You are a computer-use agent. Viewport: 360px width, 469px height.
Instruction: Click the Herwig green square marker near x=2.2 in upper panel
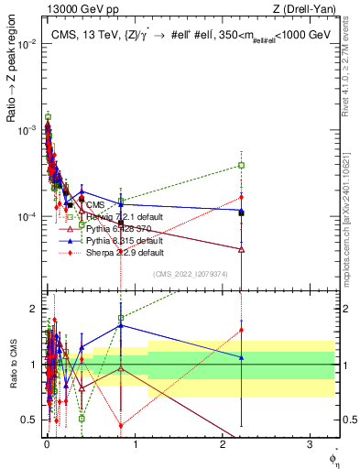(x=241, y=165)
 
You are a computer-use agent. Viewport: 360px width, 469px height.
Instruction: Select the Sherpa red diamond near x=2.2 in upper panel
(x=241, y=196)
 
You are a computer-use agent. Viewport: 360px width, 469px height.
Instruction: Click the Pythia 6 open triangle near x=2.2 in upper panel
(x=241, y=248)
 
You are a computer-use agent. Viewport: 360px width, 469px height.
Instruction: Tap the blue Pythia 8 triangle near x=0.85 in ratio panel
(x=121, y=324)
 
